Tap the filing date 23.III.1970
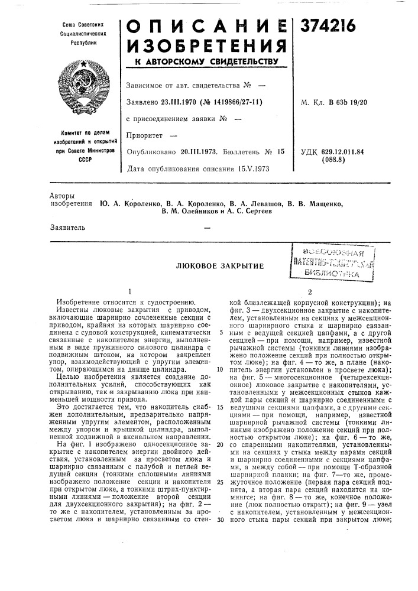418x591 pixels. [180, 102]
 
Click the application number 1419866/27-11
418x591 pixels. [235, 102]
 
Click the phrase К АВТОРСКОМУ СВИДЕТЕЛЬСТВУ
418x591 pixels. [199, 61]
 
